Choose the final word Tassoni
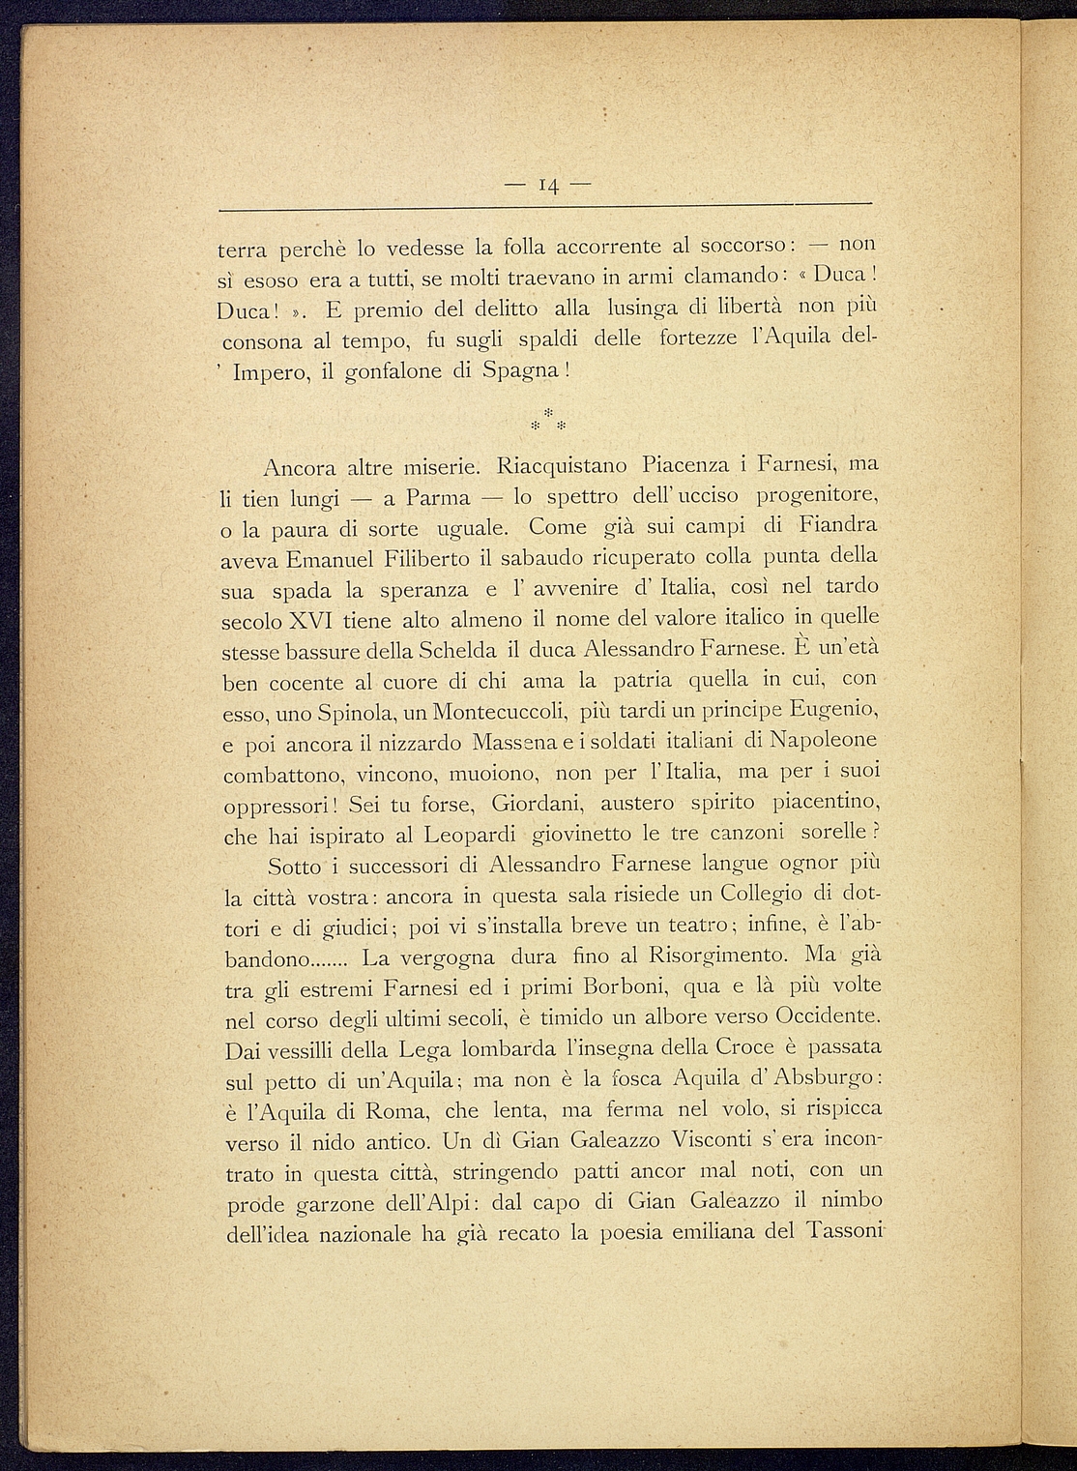838,1232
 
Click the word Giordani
535,804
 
